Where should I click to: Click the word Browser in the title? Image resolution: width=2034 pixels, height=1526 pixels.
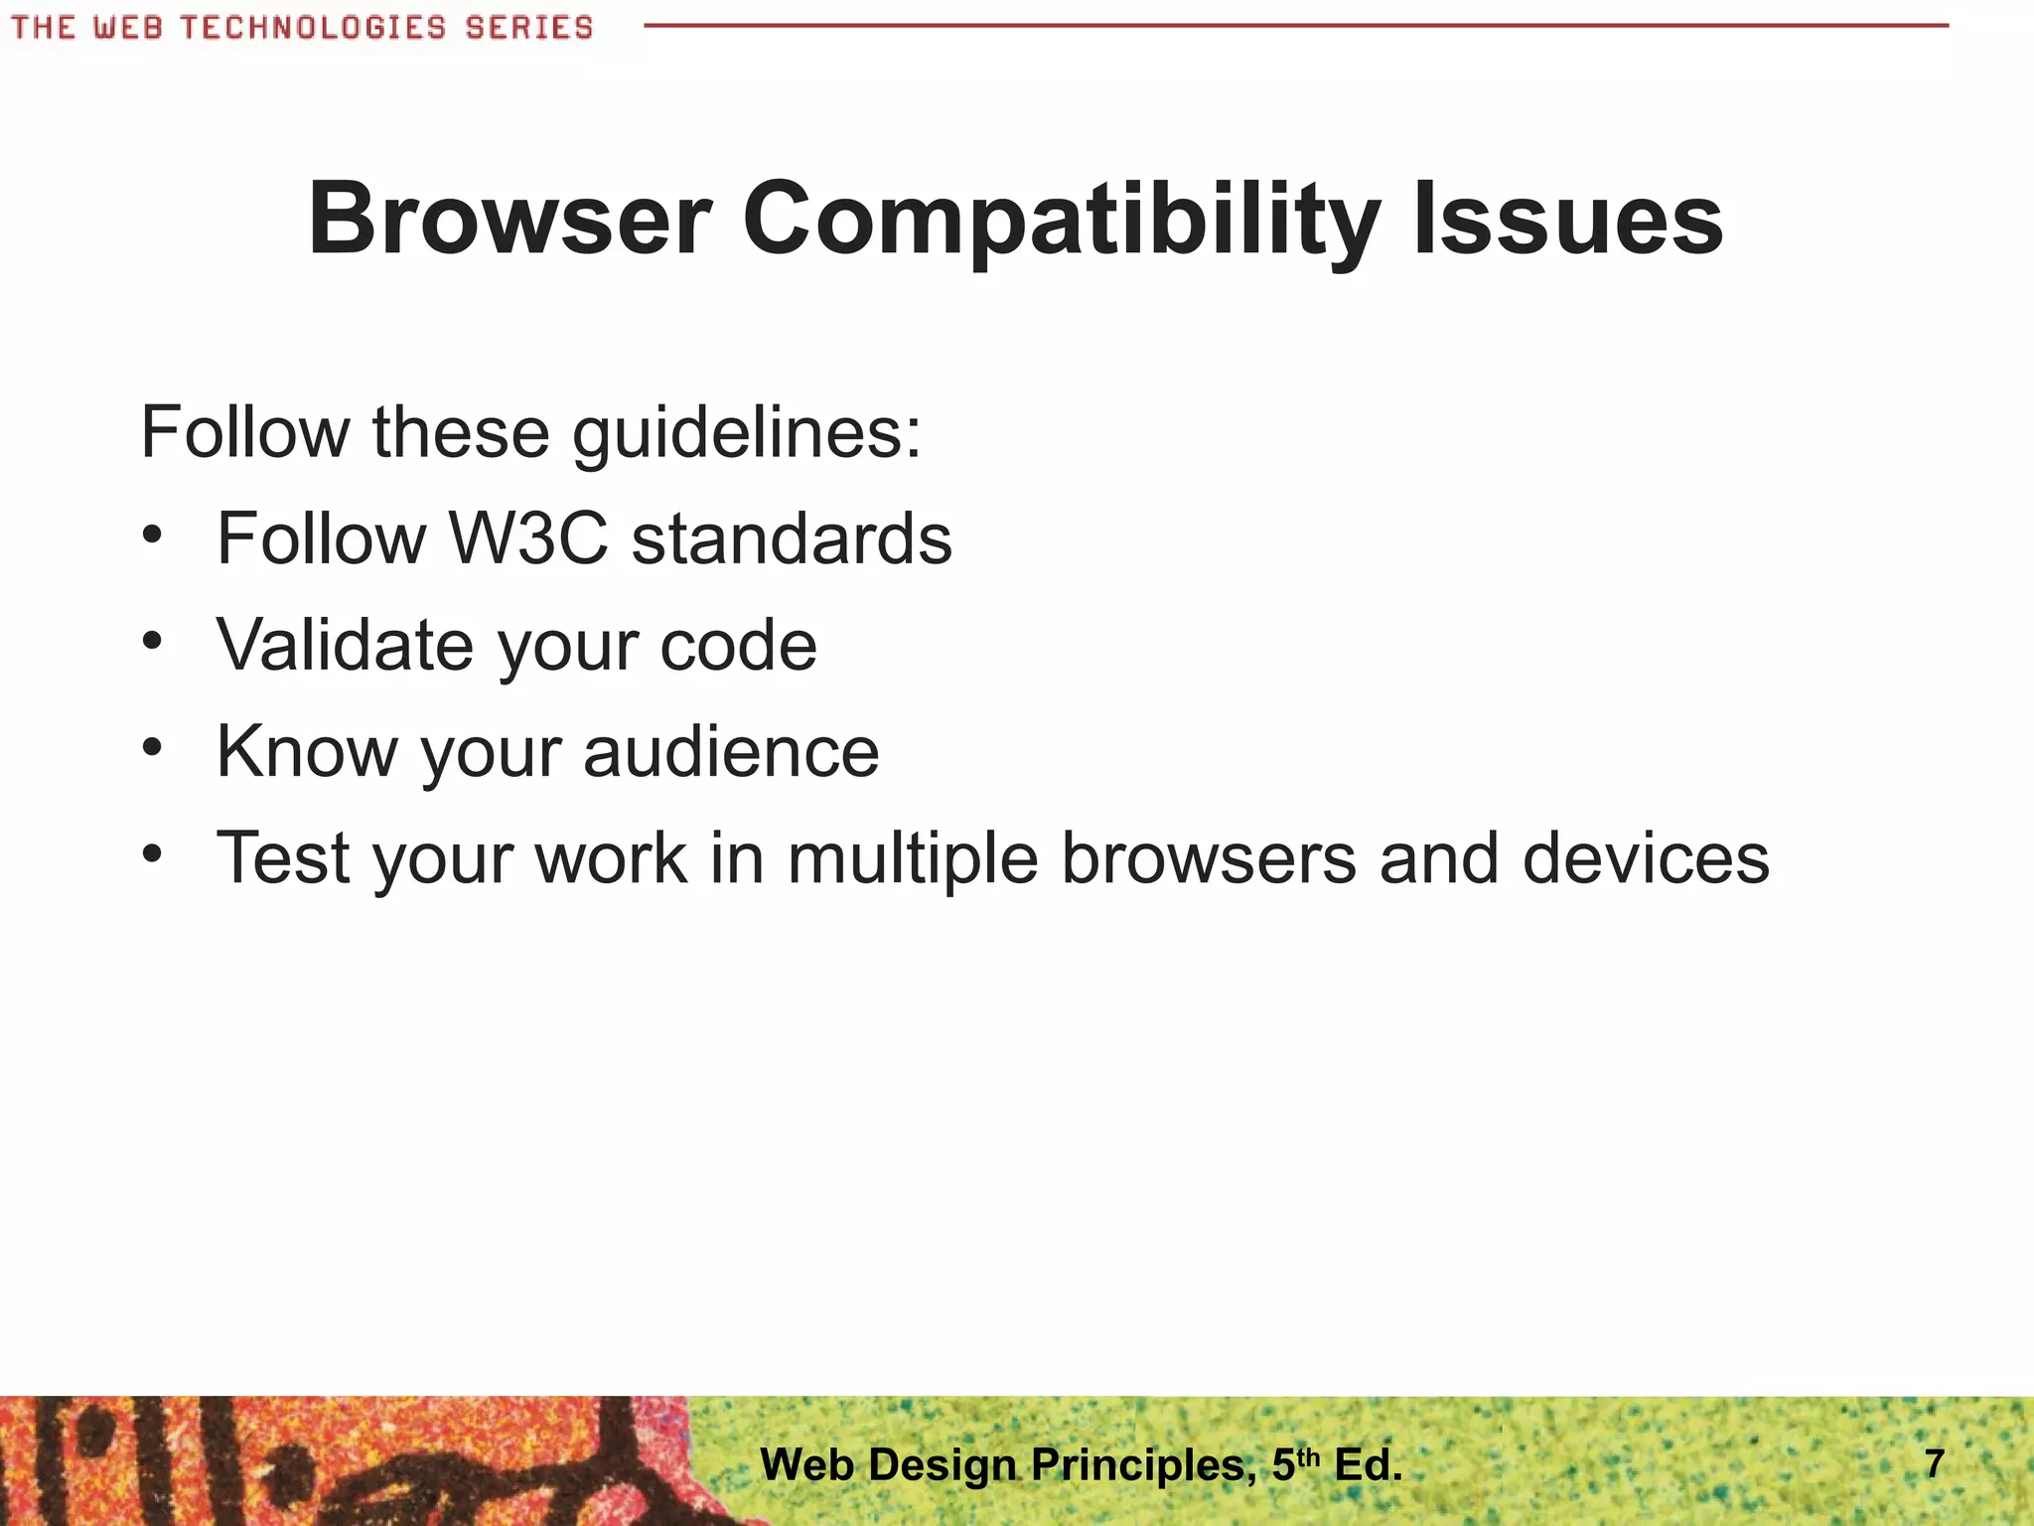point(509,220)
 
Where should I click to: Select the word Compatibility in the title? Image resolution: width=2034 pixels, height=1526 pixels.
point(1061,220)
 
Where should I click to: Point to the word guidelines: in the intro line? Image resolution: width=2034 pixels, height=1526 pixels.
point(747,434)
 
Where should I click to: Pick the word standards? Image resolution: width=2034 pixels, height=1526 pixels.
point(792,539)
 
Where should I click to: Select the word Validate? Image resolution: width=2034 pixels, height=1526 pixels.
point(345,646)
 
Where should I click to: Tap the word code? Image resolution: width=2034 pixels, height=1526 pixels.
point(738,646)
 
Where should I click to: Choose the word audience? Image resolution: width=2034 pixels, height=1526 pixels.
point(731,751)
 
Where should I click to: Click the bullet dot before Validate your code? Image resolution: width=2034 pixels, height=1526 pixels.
point(151,642)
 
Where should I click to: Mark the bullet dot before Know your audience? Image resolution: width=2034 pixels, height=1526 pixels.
point(151,747)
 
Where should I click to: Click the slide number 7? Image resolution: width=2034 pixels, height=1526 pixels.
point(1933,1464)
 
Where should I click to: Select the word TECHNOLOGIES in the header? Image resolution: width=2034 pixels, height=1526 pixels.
point(314,27)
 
